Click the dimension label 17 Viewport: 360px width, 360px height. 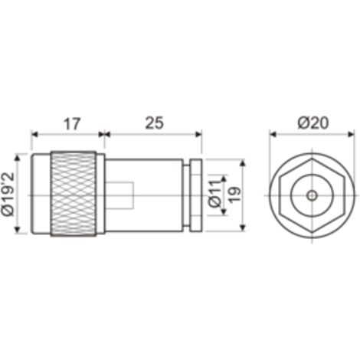pyautogui.click(x=72, y=123)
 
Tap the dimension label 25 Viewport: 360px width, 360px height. pyautogui.click(x=155, y=123)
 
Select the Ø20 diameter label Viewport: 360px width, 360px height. pyautogui.click(x=313, y=123)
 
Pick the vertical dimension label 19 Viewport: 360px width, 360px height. pyautogui.click(x=235, y=195)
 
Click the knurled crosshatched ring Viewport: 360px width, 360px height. pyautogui.click(x=74, y=194)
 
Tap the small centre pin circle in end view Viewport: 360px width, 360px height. pyautogui.click(x=312, y=196)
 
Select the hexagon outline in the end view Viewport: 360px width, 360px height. pyautogui.click(x=279, y=196)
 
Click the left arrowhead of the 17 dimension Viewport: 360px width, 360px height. pyautogui.click(x=34, y=134)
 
